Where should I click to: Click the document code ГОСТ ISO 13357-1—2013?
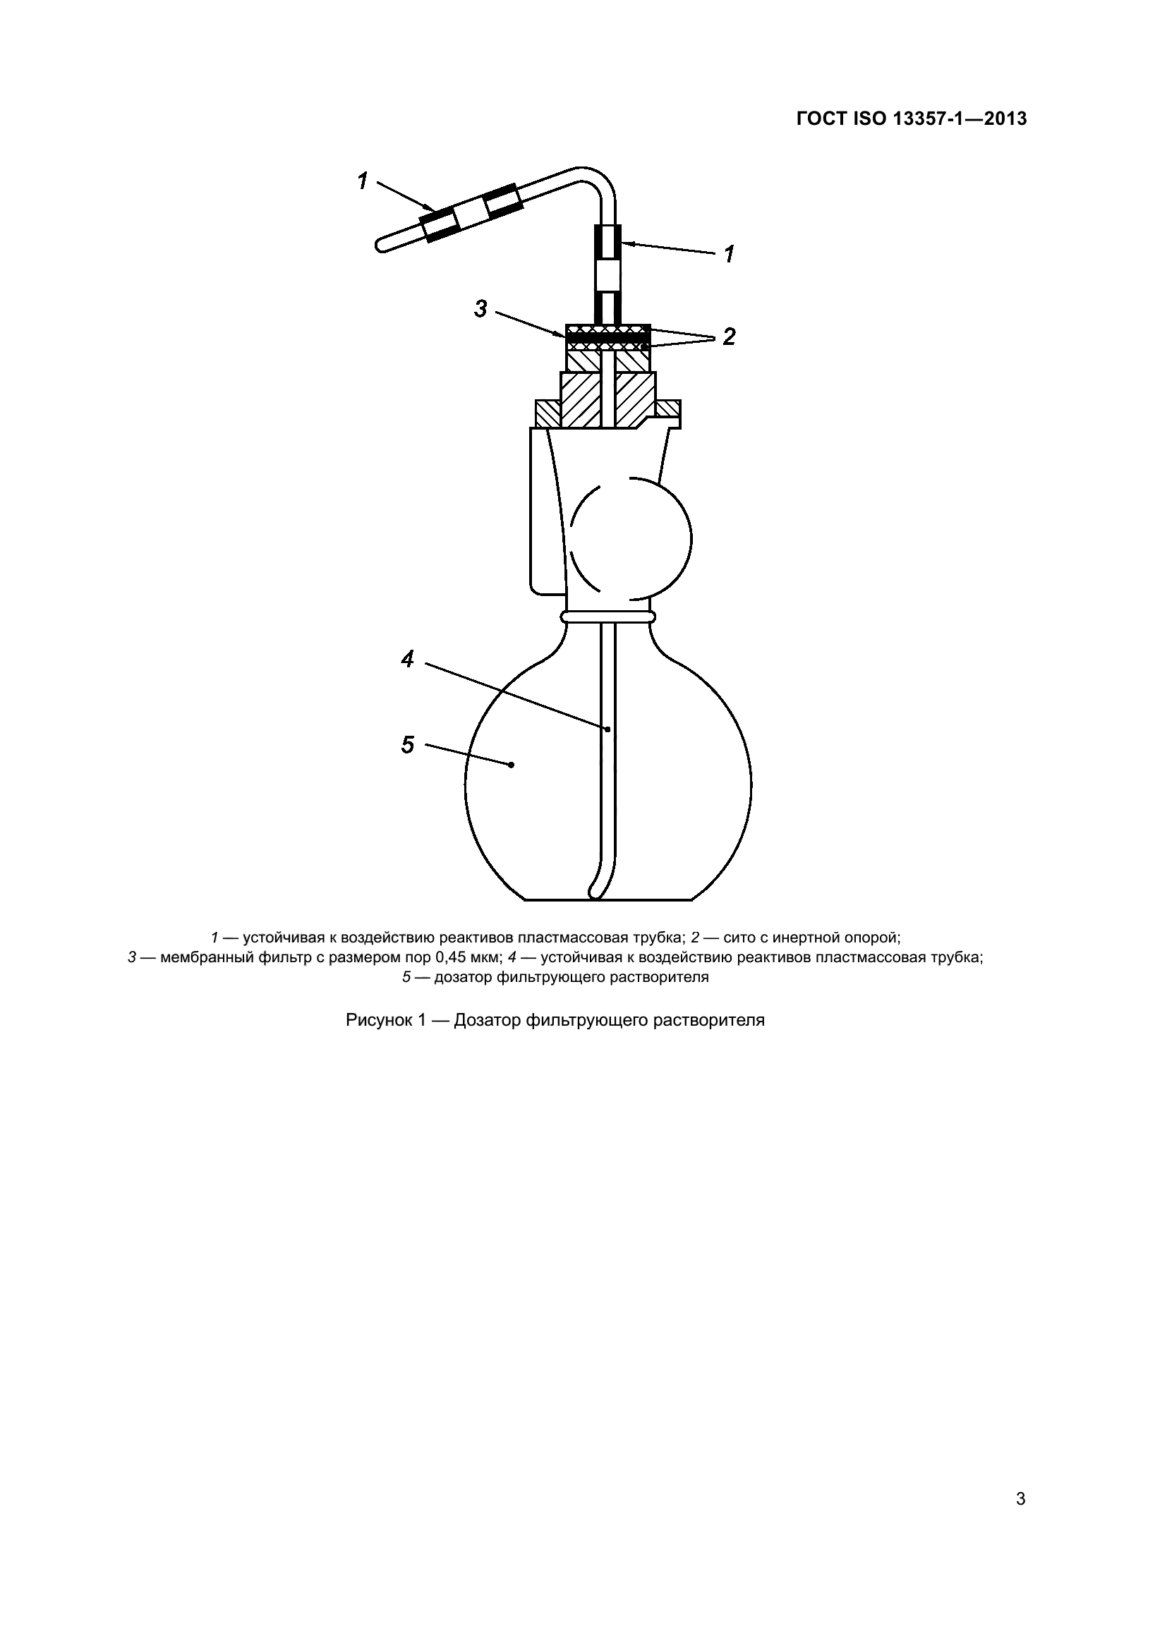pyautogui.click(x=911, y=119)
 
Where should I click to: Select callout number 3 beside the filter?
pyautogui.click(x=480, y=309)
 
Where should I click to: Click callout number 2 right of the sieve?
pyautogui.click(x=730, y=336)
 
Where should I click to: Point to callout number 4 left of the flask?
pyautogui.click(x=407, y=658)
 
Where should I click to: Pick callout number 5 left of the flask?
pyautogui.click(x=407, y=744)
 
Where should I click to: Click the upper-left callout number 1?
pyautogui.click(x=363, y=181)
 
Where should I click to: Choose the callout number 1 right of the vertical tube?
pyautogui.click(x=730, y=254)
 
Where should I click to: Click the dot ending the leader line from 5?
pyautogui.click(x=511, y=765)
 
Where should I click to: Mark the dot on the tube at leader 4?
pyautogui.click(x=607, y=729)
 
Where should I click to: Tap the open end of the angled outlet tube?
pyautogui.click(x=380, y=245)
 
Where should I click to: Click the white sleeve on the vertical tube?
pyautogui.click(x=607, y=274)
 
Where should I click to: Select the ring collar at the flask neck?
pyautogui.click(x=608, y=617)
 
